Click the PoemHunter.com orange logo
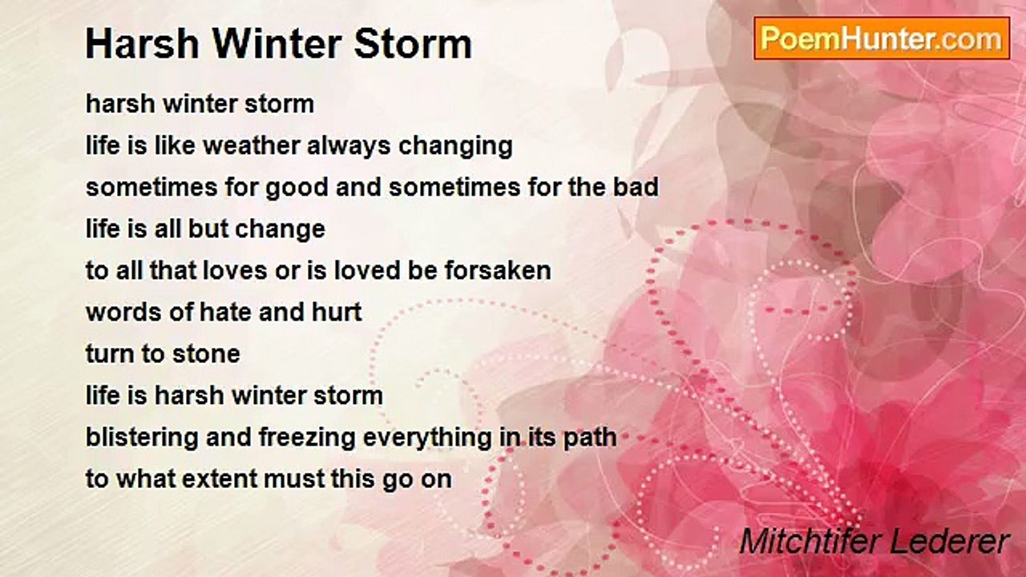pos(882,38)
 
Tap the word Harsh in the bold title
pos(143,44)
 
